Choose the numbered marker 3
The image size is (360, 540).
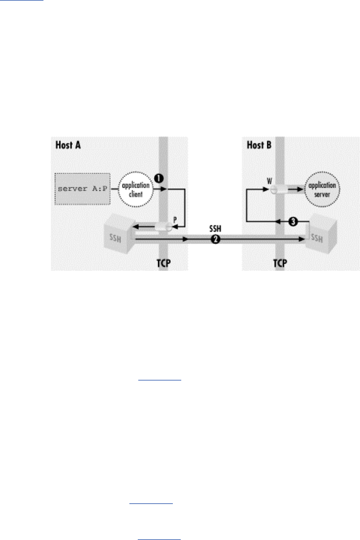pos(293,222)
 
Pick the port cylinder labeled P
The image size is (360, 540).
pos(165,227)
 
